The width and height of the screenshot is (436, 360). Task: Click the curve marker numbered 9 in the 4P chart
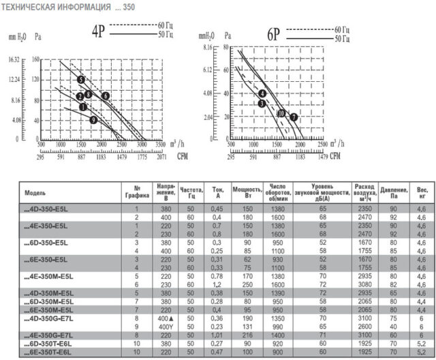(x=94, y=120)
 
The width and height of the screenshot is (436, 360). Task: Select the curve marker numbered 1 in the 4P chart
(x=82, y=107)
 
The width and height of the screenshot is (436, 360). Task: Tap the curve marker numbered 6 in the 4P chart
(x=106, y=96)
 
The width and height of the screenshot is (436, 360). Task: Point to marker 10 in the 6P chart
(x=281, y=113)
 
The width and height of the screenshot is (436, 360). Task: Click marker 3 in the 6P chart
(x=261, y=103)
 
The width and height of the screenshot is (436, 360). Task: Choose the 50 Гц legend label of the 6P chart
(x=342, y=40)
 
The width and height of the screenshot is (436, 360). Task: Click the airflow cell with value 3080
(x=364, y=282)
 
